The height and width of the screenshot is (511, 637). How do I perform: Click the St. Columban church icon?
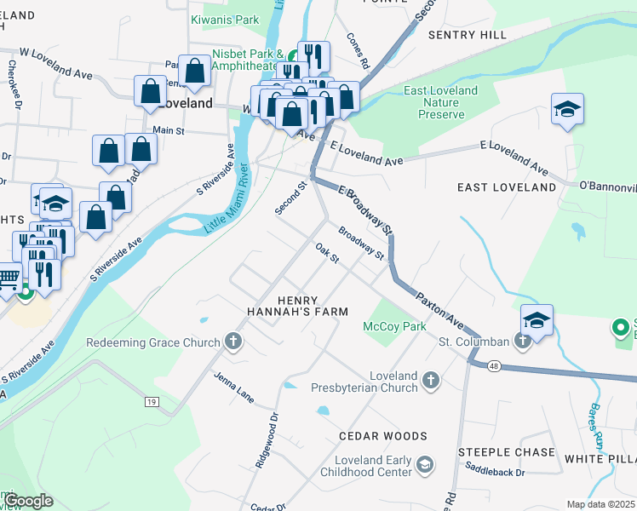tap(523, 342)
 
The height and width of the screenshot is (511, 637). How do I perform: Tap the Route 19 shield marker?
tap(152, 401)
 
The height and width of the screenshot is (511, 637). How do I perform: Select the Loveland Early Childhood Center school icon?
tap(425, 464)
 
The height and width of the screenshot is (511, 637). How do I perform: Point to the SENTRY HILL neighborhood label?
tap(467, 35)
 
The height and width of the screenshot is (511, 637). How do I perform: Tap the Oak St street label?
tap(327, 253)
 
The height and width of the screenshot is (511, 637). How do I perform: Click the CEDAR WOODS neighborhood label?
tap(382, 436)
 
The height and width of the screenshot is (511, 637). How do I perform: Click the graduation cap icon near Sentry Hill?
tap(567, 110)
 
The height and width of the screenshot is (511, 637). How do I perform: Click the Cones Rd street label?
tap(358, 51)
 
